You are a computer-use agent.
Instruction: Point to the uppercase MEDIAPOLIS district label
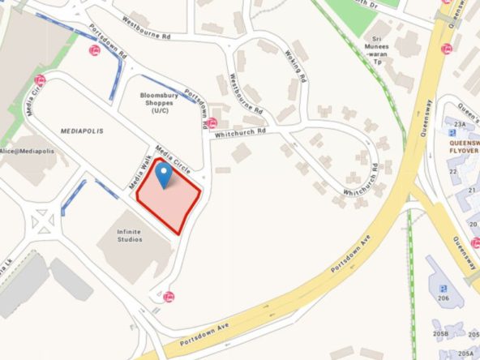(80, 130)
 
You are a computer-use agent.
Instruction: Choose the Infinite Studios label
(129, 236)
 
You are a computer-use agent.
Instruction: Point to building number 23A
(461, 124)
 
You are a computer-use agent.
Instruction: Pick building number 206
(444, 298)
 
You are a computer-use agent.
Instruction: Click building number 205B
(441, 333)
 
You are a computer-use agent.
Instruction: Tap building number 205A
(465, 354)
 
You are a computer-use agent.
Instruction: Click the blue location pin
(165, 174)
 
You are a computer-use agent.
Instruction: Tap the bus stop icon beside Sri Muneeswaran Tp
(446, 49)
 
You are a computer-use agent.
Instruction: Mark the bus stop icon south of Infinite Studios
(169, 297)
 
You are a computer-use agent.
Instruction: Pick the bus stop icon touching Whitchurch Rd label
(212, 124)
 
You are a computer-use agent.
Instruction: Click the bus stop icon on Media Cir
(39, 80)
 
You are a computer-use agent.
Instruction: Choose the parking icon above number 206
(444, 288)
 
